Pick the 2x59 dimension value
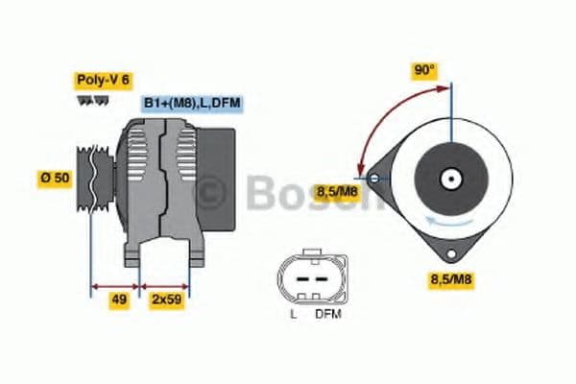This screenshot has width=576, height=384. tap(165, 299)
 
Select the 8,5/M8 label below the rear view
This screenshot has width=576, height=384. tap(449, 279)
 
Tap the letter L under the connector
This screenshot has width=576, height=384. tap(293, 313)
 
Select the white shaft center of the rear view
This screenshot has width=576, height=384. tap(448, 179)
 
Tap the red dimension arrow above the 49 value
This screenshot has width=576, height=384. tap(115, 285)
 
